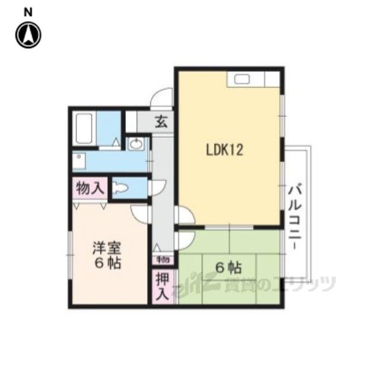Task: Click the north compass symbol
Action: [x=28, y=35]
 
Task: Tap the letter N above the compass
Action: [x=28, y=12]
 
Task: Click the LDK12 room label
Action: [x=224, y=150]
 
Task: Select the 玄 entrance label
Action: [x=161, y=121]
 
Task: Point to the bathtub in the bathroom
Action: [x=84, y=128]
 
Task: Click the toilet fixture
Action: [x=120, y=188]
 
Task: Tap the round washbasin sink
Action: [x=135, y=144]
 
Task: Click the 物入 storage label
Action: [x=90, y=188]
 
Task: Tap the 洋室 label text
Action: [x=107, y=248]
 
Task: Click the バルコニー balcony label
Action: [x=294, y=217]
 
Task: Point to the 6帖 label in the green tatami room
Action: [x=229, y=268]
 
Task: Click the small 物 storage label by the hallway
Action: [x=163, y=260]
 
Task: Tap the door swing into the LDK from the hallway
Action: [x=185, y=215]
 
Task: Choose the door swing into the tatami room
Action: [x=185, y=240]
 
